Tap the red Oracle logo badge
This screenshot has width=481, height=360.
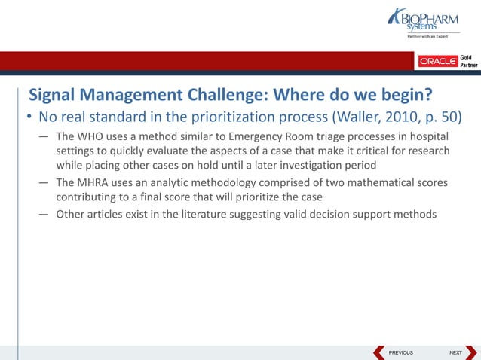438,61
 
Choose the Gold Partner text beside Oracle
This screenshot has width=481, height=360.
468,61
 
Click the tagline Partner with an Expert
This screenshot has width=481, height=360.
427,36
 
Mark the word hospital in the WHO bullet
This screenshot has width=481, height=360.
426,136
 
